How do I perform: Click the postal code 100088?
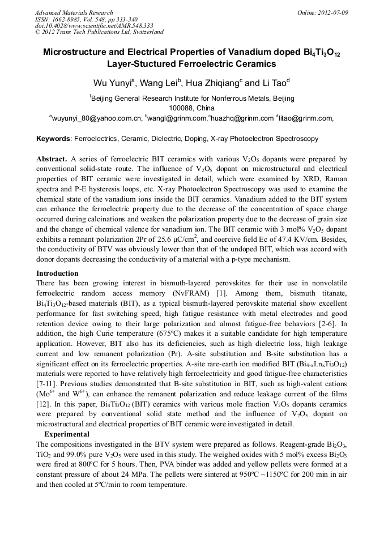[x=182, y=108]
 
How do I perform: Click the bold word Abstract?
[x=52, y=160]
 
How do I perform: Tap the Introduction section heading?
[x=57, y=273]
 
